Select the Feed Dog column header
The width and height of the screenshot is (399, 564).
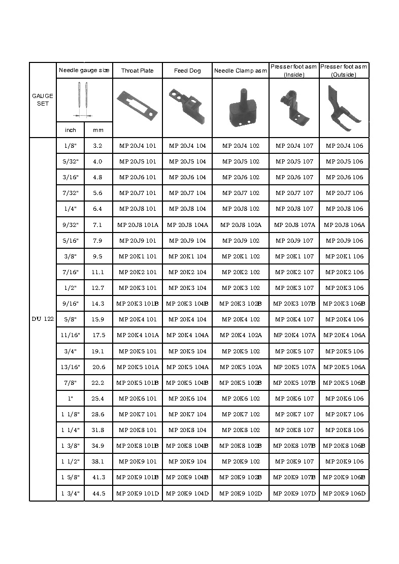[187, 71]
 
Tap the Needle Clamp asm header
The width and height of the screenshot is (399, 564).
[241, 71]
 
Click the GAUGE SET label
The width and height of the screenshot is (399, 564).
[43, 99]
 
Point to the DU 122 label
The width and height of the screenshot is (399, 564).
[43, 319]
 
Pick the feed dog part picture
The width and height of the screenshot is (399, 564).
[186, 105]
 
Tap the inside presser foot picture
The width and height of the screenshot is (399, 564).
[293, 106]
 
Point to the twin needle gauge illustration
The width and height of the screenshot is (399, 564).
[84, 99]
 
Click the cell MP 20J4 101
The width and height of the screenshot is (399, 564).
[137, 146]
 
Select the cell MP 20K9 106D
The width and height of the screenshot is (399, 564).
[344, 493]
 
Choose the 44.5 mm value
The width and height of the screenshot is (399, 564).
[98, 493]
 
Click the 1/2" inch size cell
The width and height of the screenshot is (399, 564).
[71, 288]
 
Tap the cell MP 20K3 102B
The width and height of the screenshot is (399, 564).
[241, 304]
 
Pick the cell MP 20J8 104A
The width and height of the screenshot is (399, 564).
[187, 225]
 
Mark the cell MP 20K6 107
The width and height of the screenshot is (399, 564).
[294, 399]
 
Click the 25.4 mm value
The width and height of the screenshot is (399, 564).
[98, 399]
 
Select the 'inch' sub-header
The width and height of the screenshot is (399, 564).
[71, 130]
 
